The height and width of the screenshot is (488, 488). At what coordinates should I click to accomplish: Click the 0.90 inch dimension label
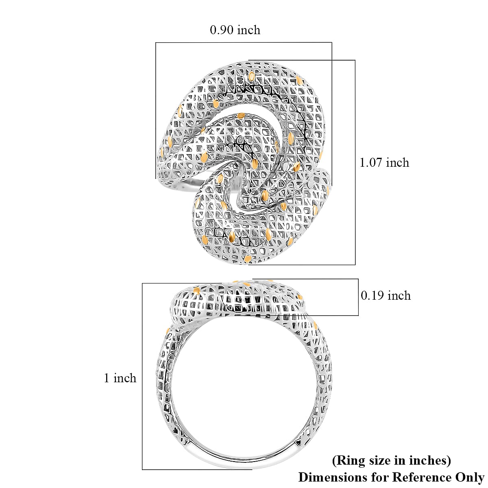click(235, 30)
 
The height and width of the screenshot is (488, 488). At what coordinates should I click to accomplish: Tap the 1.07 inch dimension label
click(384, 163)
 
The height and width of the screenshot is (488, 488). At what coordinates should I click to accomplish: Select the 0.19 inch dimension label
click(386, 296)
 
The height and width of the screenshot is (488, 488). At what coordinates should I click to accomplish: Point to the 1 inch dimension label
click(120, 378)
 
